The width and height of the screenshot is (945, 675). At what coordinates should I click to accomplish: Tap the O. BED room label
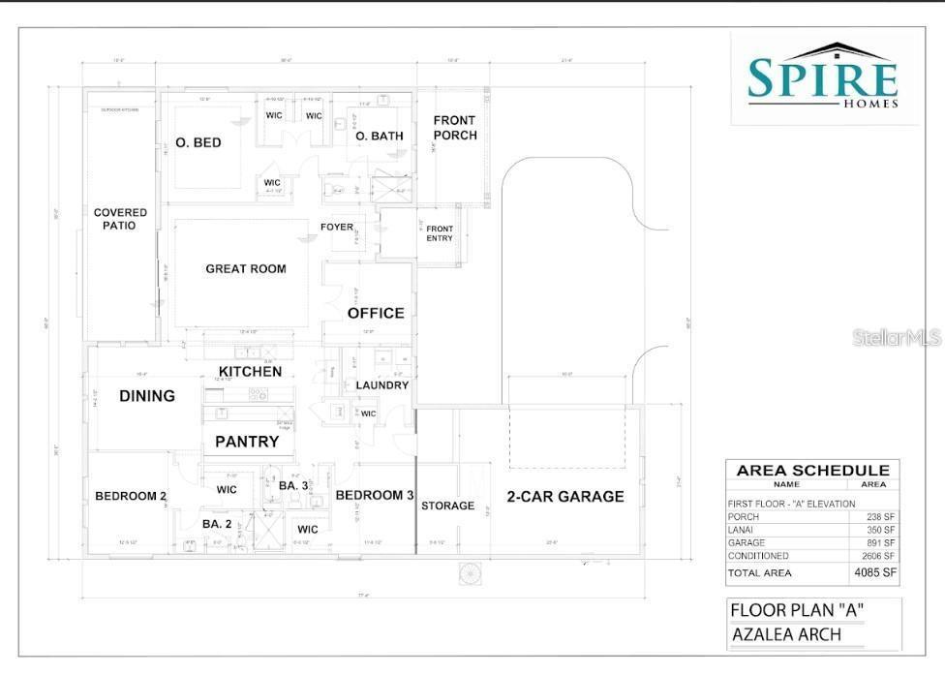point(198,142)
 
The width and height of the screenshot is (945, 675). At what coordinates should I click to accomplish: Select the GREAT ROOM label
point(246,268)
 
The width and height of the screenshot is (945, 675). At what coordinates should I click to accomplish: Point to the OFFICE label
point(376,313)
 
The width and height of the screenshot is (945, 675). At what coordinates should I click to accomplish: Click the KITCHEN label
point(250,372)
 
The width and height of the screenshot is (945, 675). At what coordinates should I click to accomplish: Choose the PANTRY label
point(247,442)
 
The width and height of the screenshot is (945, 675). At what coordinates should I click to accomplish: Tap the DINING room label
point(147,395)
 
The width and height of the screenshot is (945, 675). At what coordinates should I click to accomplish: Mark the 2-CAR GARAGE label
point(565,497)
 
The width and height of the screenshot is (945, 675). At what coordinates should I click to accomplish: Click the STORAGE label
point(448,506)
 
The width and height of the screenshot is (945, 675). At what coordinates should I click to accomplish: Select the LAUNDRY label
point(382,385)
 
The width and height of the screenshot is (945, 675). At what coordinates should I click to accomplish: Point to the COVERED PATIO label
point(121,219)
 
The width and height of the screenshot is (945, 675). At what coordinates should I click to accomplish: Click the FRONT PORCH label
point(455,128)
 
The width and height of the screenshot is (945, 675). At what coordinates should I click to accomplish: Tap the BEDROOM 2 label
point(131,497)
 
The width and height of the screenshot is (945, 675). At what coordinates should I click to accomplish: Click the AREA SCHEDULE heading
point(812,470)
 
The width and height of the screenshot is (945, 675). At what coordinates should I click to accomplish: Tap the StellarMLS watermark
point(897,338)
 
